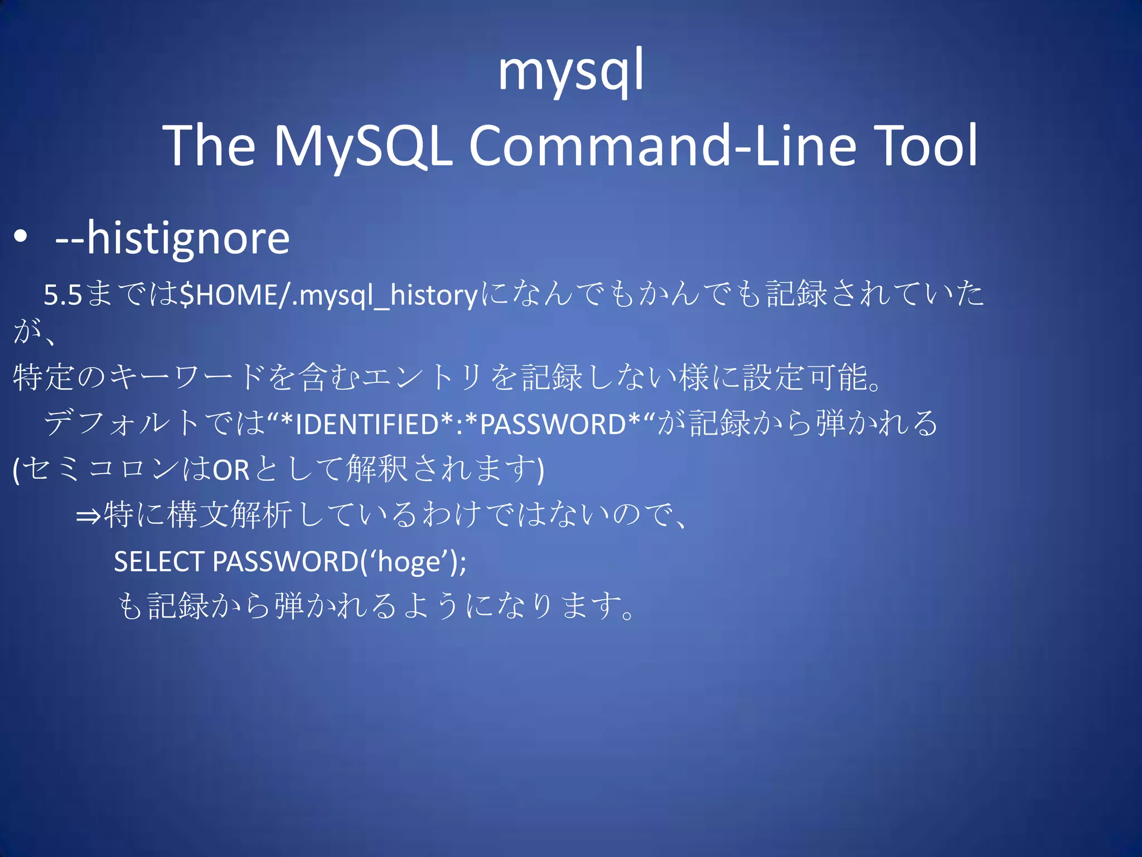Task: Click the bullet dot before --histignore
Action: pyautogui.click(x=21, y=237)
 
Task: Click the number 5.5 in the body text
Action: pyautogui.click(x=63, y=295)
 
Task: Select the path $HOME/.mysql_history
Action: pyautogui.click(x=329, y=295)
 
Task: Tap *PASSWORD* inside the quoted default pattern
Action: pyautogui.click(x=552, y=424)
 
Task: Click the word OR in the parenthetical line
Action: pyautogui.click(x=231, y=470)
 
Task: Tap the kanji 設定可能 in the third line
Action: pyautogui.click(x=805, y=377)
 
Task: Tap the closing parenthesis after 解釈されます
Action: pyautogui.click(x=540, y=470)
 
